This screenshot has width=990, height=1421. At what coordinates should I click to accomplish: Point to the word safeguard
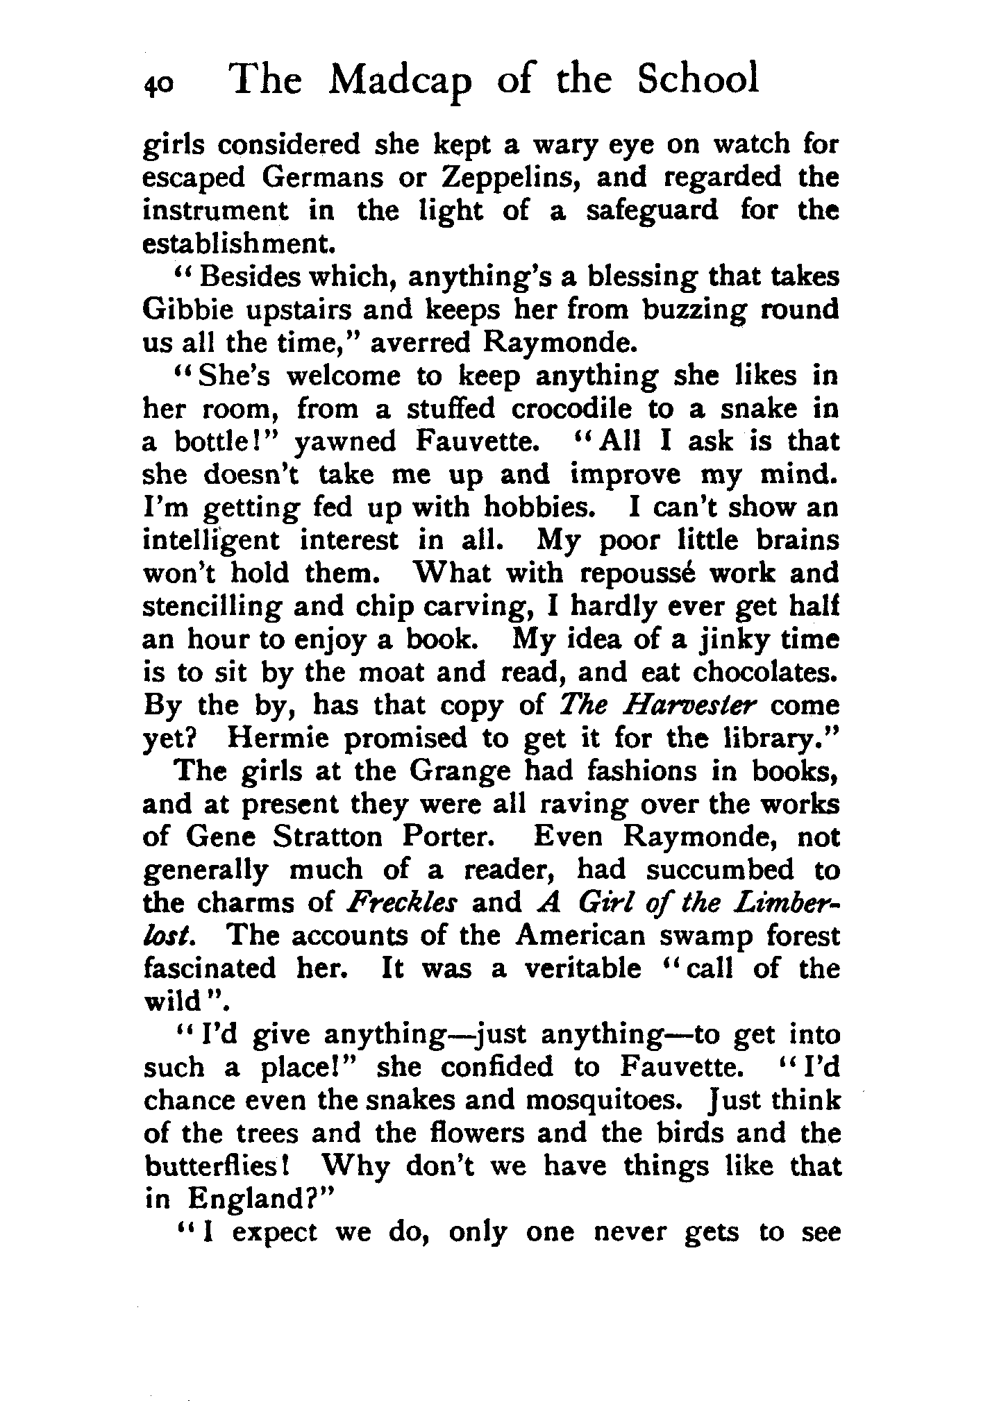click(x=652, y=211)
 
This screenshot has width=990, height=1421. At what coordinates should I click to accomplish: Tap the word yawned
click(x=345, y=442)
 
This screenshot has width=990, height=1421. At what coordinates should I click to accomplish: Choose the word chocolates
click(x=766, y=672)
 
